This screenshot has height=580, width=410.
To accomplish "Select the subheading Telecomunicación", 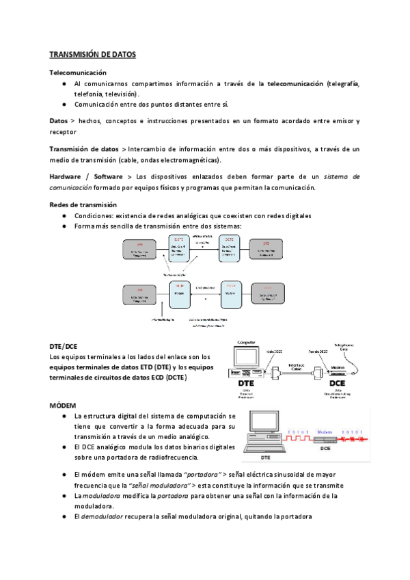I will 78,72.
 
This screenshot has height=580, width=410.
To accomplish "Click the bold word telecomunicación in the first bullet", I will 295,83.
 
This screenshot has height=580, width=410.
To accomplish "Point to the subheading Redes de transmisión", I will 83,205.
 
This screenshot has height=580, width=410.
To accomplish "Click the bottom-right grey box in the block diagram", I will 268,294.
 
